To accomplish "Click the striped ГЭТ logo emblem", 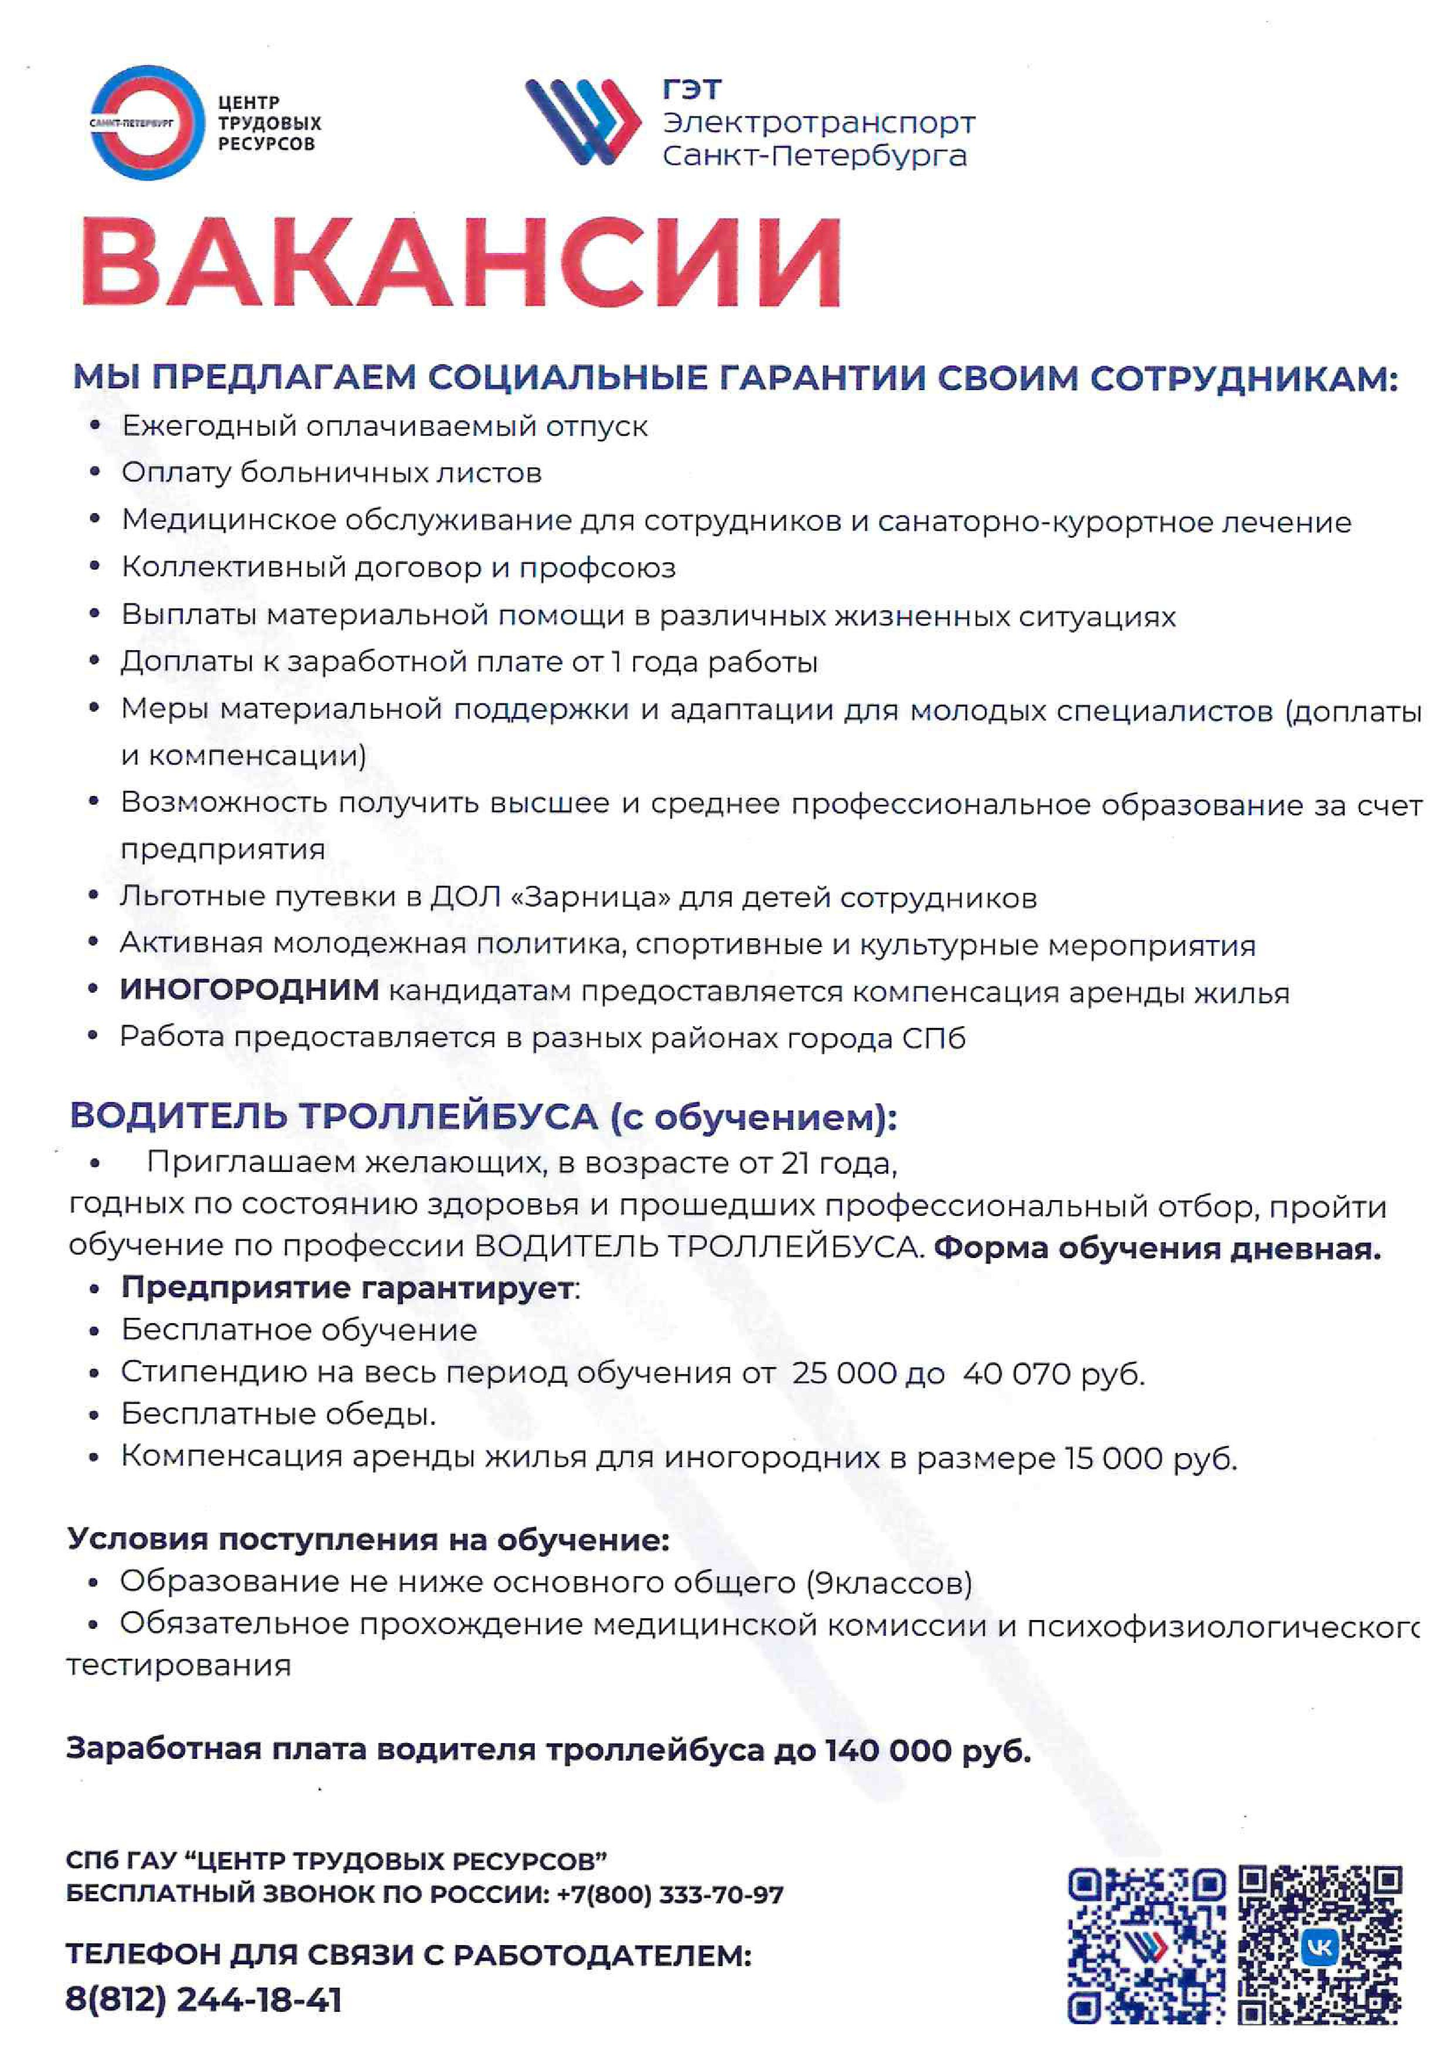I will [582, 122].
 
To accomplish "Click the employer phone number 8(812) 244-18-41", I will [204, 2000].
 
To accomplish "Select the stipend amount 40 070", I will [1017, 1373].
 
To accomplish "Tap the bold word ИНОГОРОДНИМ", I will [250, 990].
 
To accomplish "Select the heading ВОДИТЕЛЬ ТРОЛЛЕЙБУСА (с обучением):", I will [483, 1116].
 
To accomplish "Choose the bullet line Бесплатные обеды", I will [278, 1414].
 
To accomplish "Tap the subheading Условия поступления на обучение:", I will [368, 1540].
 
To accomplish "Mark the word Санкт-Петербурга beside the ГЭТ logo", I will [814, 156].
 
